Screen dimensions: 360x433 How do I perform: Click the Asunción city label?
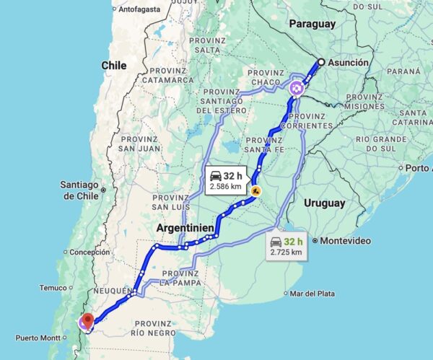click(x=349, y=63)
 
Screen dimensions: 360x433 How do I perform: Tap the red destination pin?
click(x=87, y=321)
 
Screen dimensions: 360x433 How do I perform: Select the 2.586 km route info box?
click(x=226, y=180)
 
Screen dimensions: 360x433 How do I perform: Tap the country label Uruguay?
click(x=324, y=203)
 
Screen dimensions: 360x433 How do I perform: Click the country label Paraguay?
click(x=312, y=24)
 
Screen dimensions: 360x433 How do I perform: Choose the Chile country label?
click(x=113, y=66)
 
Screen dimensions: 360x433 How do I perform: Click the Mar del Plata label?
click(x=312, y=294)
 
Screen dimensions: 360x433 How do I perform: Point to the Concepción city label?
click(x=89, y=253)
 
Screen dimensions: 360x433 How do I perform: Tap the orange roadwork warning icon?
click(x=255, y=192)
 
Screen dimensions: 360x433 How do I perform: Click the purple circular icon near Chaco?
click(x=297, y=88)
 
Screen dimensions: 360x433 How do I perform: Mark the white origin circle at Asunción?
click(x=320, y=63)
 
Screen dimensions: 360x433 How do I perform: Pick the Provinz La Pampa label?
click(x=180, y=278)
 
